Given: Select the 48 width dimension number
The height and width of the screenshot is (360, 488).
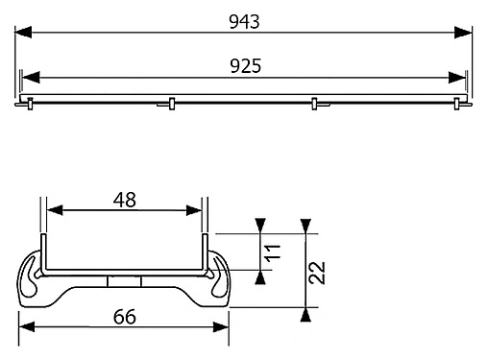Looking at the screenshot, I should [123, 200].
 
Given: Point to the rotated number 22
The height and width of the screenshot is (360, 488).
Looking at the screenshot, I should [319, 274].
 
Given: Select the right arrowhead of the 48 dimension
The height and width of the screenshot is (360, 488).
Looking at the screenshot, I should [195, 212].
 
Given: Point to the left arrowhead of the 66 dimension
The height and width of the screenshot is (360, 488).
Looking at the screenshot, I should [28, 326].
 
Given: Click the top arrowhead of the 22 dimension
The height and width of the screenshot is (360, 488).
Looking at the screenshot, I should [305, 227].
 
